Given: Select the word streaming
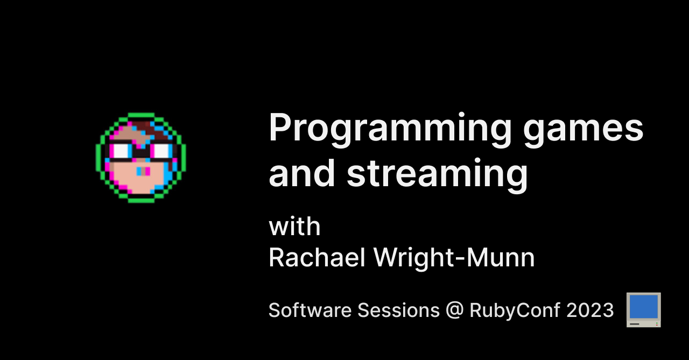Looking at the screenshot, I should [x=437, y=174].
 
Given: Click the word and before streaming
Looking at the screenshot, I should [x=302, y=174].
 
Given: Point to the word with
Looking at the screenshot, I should [x=294, y=227].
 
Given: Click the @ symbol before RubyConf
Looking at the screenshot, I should [x=454, y=311].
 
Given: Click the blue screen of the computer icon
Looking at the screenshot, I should [x=644, y=307].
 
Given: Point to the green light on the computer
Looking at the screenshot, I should [x=655, y=323].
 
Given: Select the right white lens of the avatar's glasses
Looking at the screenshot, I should [x=160, y=151].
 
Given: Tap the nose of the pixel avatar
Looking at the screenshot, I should [x=142, y=171].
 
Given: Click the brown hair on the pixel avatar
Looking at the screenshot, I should [x=141, y=129].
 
